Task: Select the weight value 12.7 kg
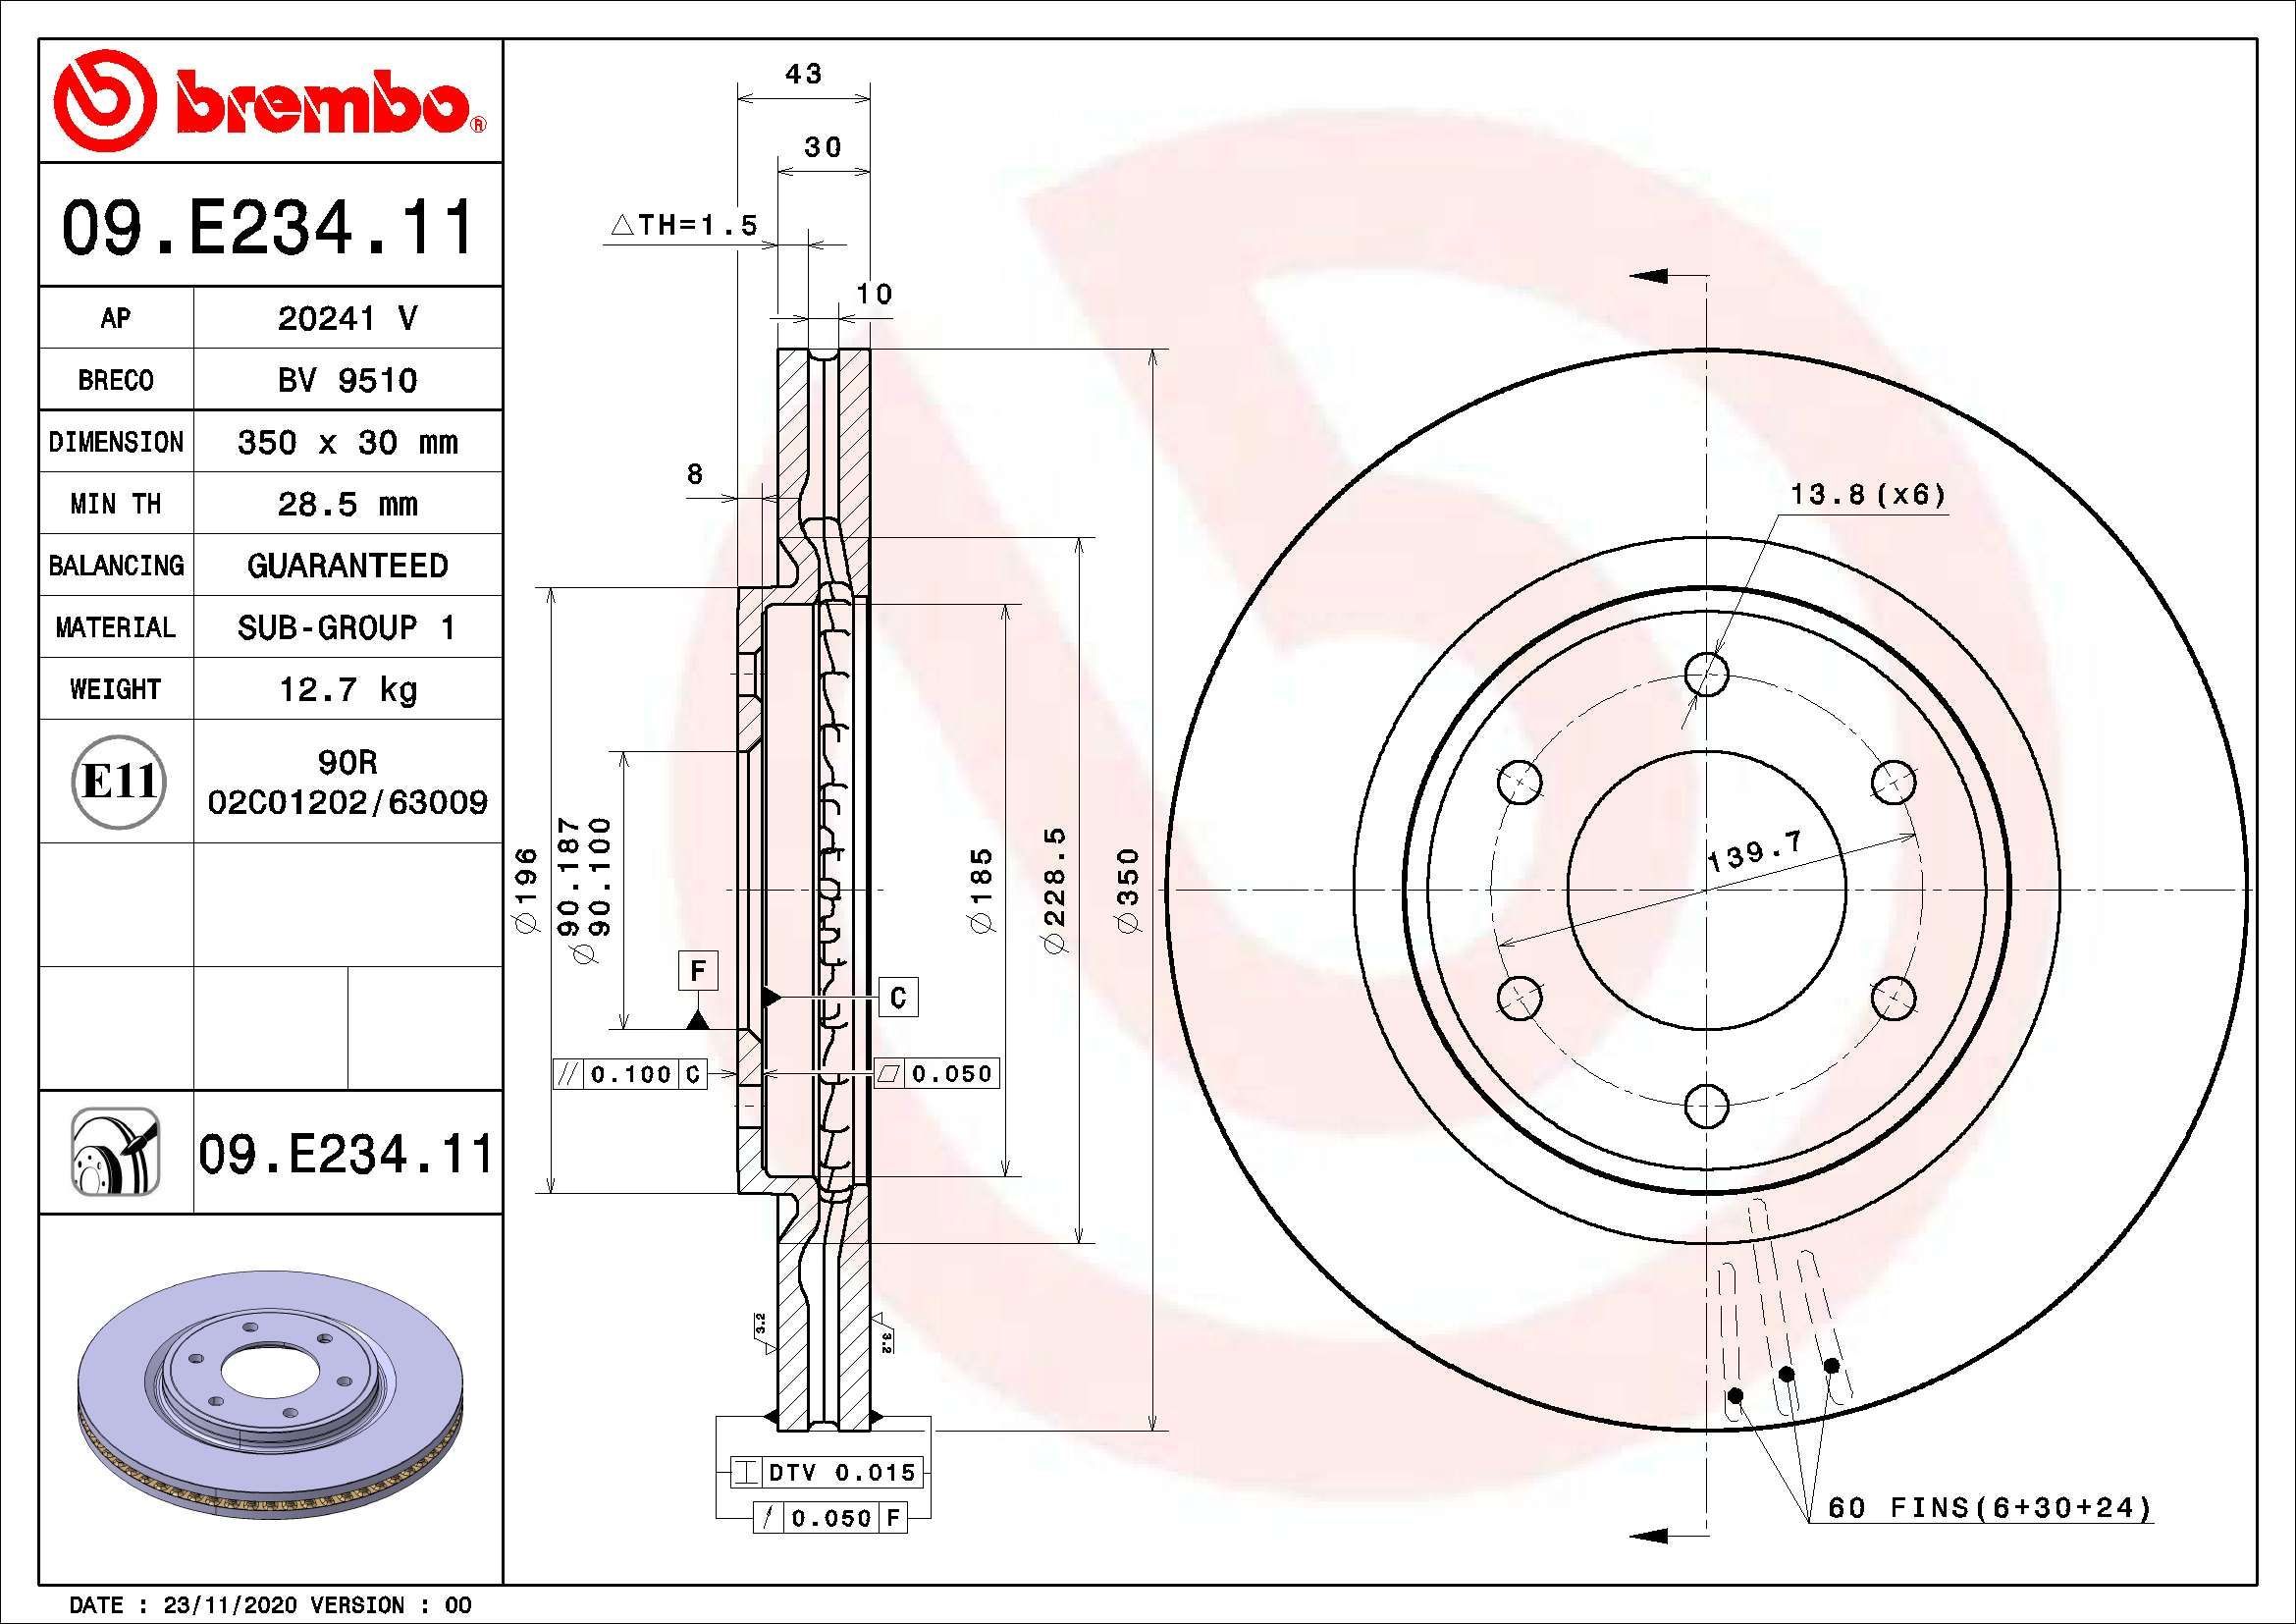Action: coord(347,689)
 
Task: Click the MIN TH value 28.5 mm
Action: coord(347,504)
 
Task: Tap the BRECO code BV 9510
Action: coord(347,380)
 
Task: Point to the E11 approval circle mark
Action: coord(119,782)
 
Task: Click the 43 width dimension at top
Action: coord(803,74)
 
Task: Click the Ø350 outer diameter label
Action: coord(1129,890)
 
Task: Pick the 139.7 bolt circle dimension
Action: coord(1753,851)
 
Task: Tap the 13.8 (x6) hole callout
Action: coord(1867,494)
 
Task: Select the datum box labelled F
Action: coord(698,971)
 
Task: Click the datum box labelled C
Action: coord(898,997)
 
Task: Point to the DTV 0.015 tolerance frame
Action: coord(826,1472)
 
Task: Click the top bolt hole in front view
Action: coord(1706,674)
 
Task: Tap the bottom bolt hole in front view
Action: coord(1706,1106)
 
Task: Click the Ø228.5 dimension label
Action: coord(1056,890)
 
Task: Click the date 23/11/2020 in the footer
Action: coord(230,1605)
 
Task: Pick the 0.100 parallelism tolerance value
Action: coord(630,1075)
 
